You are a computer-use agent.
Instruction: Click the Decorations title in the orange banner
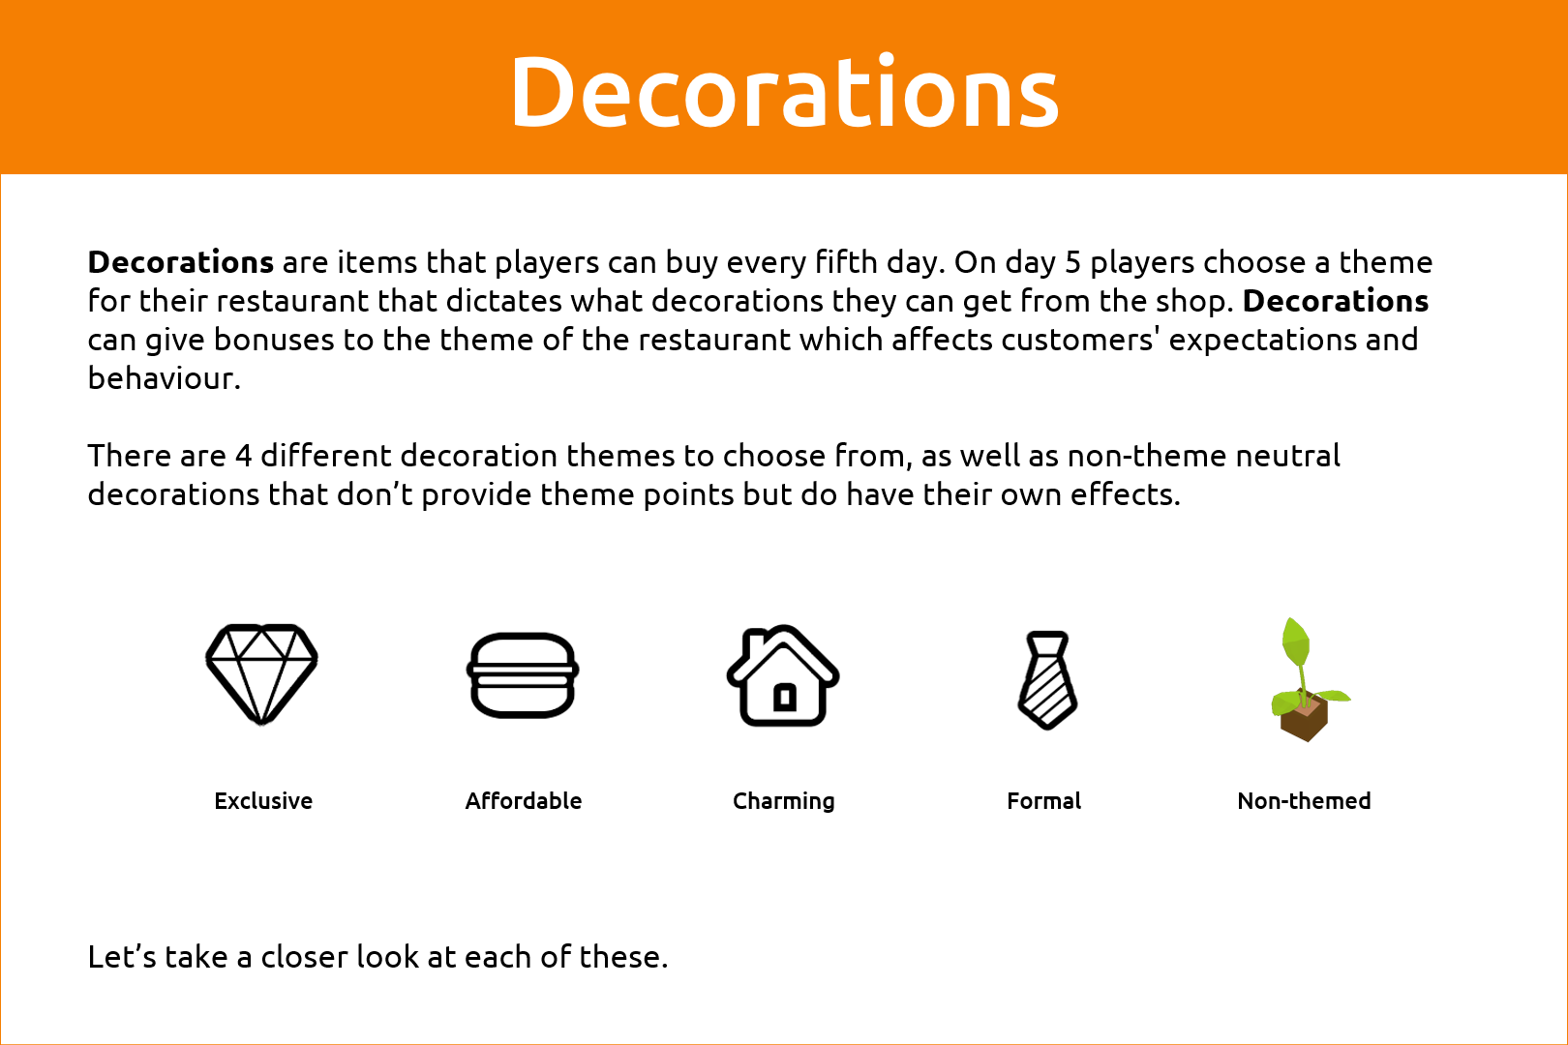click(x=784, y=92)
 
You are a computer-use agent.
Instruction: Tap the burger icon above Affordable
click(x=523, y=674)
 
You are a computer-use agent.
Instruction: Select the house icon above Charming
click(x=783, y=674)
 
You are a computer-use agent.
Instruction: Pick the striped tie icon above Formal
click(x=1046, y=679)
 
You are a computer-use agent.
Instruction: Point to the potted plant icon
click(x=1308, y=679)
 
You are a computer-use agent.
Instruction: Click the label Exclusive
click(x=263, y=800)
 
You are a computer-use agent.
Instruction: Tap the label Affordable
click(x=524, y=800)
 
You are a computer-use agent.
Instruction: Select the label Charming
click(x=783, y=801)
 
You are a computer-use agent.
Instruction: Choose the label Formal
click(x=1043, y=800)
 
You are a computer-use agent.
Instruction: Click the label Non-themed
click(x=1304, y=800)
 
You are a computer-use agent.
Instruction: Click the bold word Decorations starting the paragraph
click(x=181, y=262)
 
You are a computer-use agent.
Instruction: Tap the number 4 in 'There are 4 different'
click(x=243, y=456)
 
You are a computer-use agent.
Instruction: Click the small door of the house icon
click(x=785, y=697)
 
